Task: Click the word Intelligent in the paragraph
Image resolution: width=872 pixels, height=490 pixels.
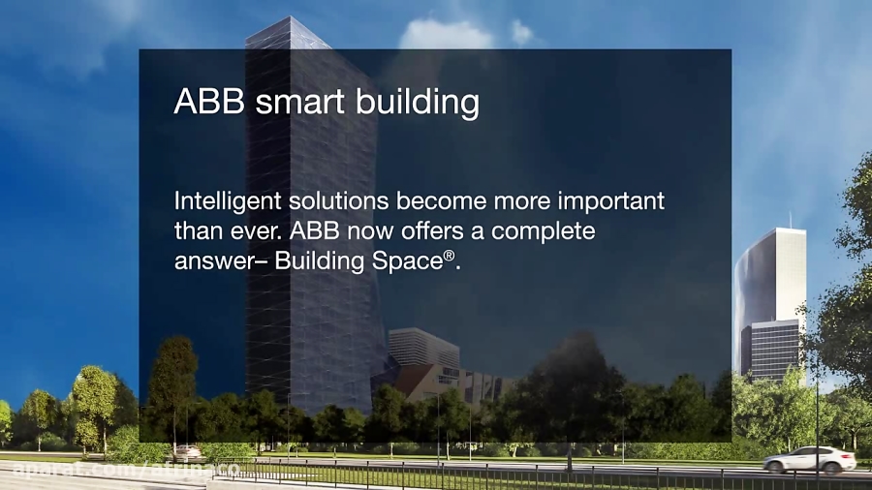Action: click(225, 202)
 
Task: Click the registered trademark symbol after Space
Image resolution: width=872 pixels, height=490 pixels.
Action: click(449, 255)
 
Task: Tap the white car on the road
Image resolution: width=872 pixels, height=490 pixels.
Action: click(809, 459)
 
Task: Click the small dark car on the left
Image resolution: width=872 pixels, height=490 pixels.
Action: click(186, 452)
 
